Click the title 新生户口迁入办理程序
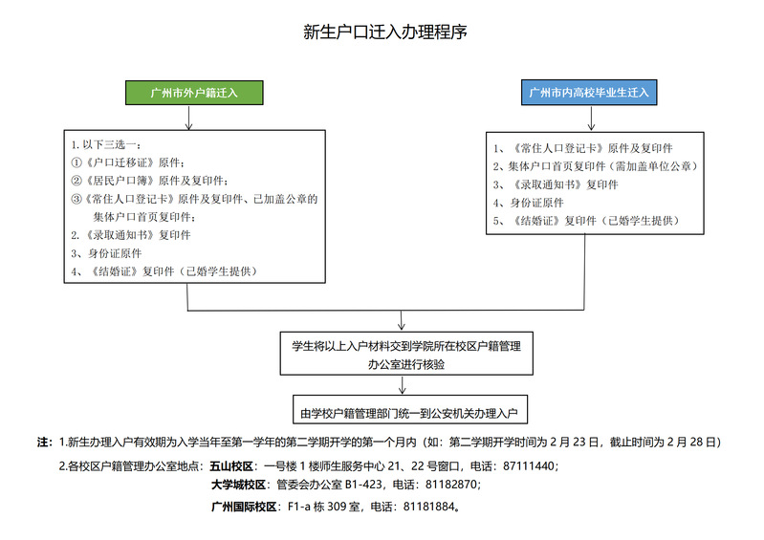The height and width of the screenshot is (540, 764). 385,32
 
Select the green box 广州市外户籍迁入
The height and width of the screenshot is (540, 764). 194,93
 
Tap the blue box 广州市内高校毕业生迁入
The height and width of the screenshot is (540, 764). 589,92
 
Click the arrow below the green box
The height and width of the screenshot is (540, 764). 188,118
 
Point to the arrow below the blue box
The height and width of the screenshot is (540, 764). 591,119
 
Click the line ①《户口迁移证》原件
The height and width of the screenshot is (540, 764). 128,162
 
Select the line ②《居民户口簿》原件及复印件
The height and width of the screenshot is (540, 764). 149,181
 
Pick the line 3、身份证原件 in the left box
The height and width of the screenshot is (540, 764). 106,253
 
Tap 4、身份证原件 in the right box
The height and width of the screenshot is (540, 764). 528,203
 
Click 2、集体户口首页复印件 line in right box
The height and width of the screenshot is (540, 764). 596,166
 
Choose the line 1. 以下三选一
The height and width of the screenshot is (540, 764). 106,144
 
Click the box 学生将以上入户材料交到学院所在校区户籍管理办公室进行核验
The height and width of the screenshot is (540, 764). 406,354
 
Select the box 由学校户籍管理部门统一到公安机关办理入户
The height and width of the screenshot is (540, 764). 410,409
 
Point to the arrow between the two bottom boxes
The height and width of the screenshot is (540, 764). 402,384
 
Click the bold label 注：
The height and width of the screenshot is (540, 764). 45,443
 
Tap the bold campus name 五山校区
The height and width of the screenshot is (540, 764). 231,466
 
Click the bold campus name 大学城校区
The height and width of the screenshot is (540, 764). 238,485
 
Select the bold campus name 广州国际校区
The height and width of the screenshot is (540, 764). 244,507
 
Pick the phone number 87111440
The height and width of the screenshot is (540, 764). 529,466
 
